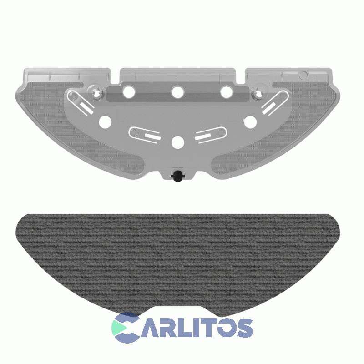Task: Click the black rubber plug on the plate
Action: tap(177, 176)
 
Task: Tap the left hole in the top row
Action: tap(129, 92)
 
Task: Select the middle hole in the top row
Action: tap(177, 92)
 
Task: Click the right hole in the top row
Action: tap(227, 92)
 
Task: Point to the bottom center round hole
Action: tap(178, 142)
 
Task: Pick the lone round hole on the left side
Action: tap(105, 122)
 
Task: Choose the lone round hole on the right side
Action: tap(250, 122)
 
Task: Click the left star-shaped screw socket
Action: tap(96, 93)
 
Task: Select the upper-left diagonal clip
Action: tap(81, 103)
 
